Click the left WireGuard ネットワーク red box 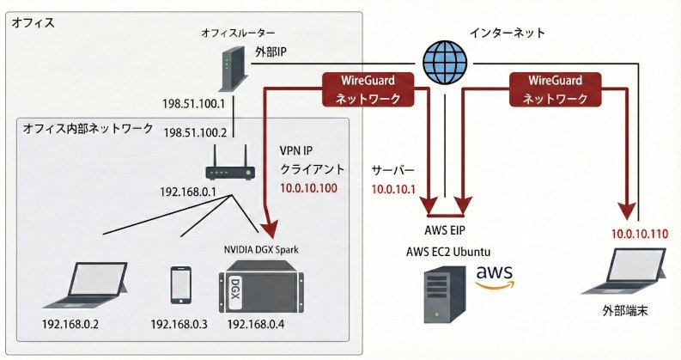[368, 89]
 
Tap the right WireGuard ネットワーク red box [555, 89]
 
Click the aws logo [495, 276]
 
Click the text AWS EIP [446, 230]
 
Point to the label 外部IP [271, 52]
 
